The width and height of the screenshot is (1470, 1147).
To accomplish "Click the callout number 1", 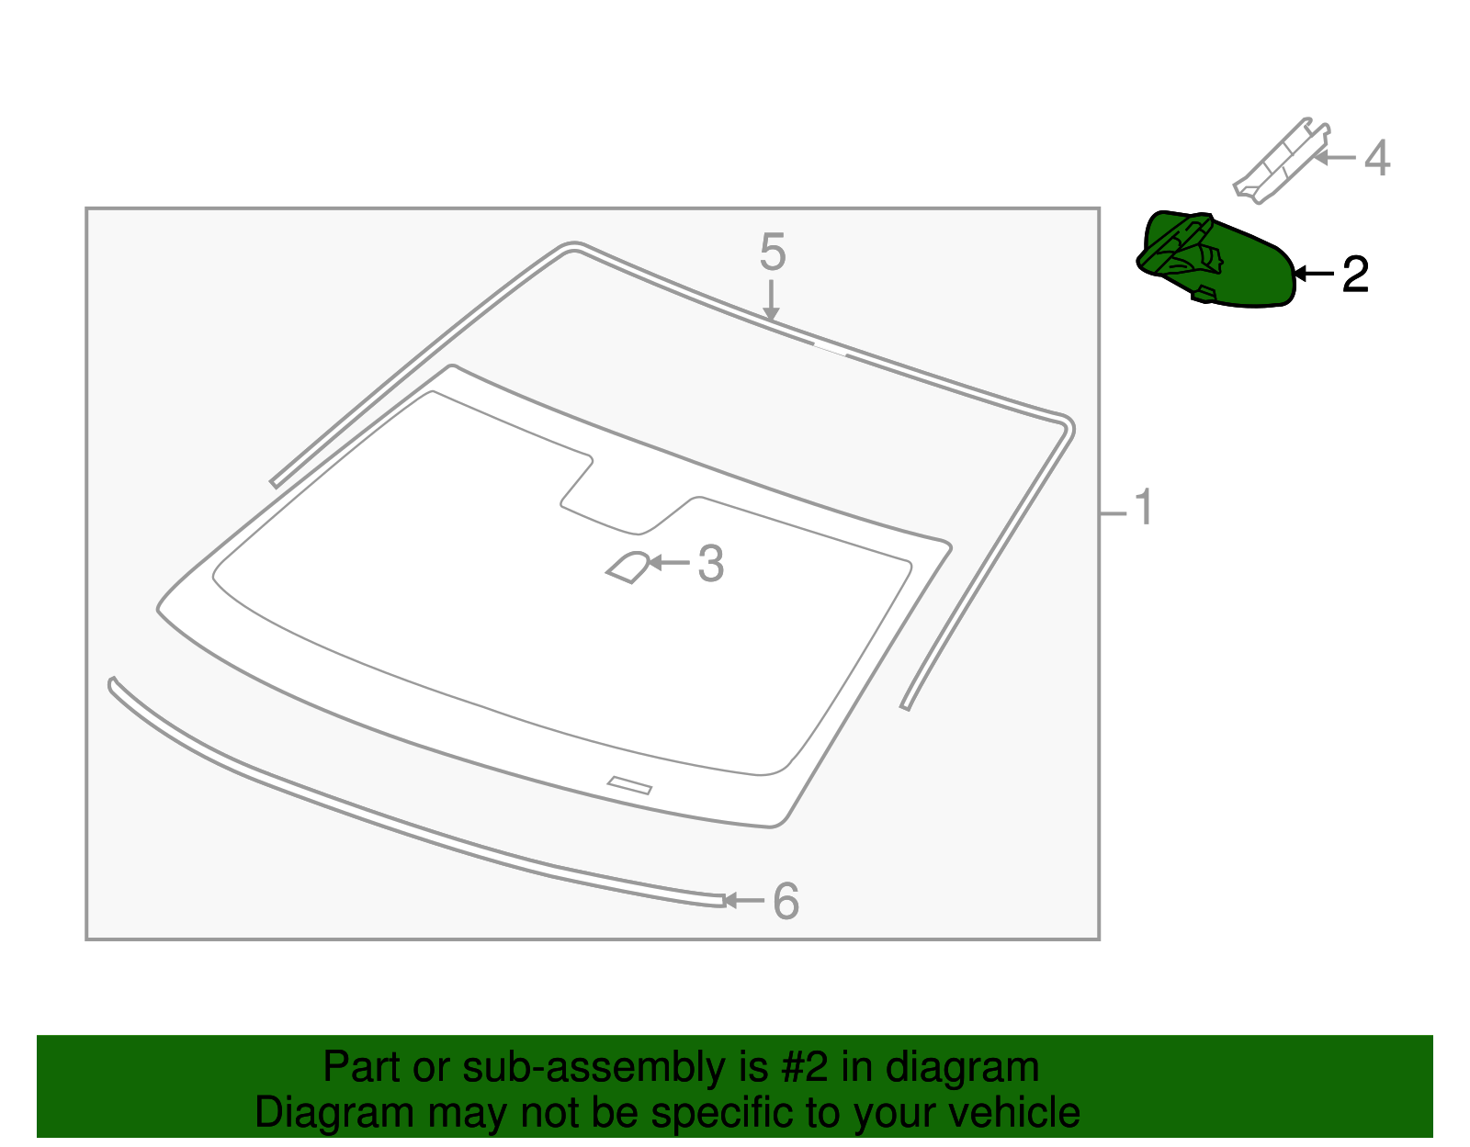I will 1143,508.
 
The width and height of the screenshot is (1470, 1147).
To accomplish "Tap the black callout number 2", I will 1355,275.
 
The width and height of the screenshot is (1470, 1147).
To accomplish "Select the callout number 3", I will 711,564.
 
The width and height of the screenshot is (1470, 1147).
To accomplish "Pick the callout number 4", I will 1376,158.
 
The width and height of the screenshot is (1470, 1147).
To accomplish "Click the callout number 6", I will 786,901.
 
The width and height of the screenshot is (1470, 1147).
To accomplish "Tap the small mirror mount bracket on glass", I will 628,568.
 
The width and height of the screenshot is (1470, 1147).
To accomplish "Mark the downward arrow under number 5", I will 772,301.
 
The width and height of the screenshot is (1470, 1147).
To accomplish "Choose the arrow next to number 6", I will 743,901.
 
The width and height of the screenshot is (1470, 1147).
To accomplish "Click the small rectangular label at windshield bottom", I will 629,785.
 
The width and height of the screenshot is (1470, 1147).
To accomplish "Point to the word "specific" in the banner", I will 718,1113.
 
